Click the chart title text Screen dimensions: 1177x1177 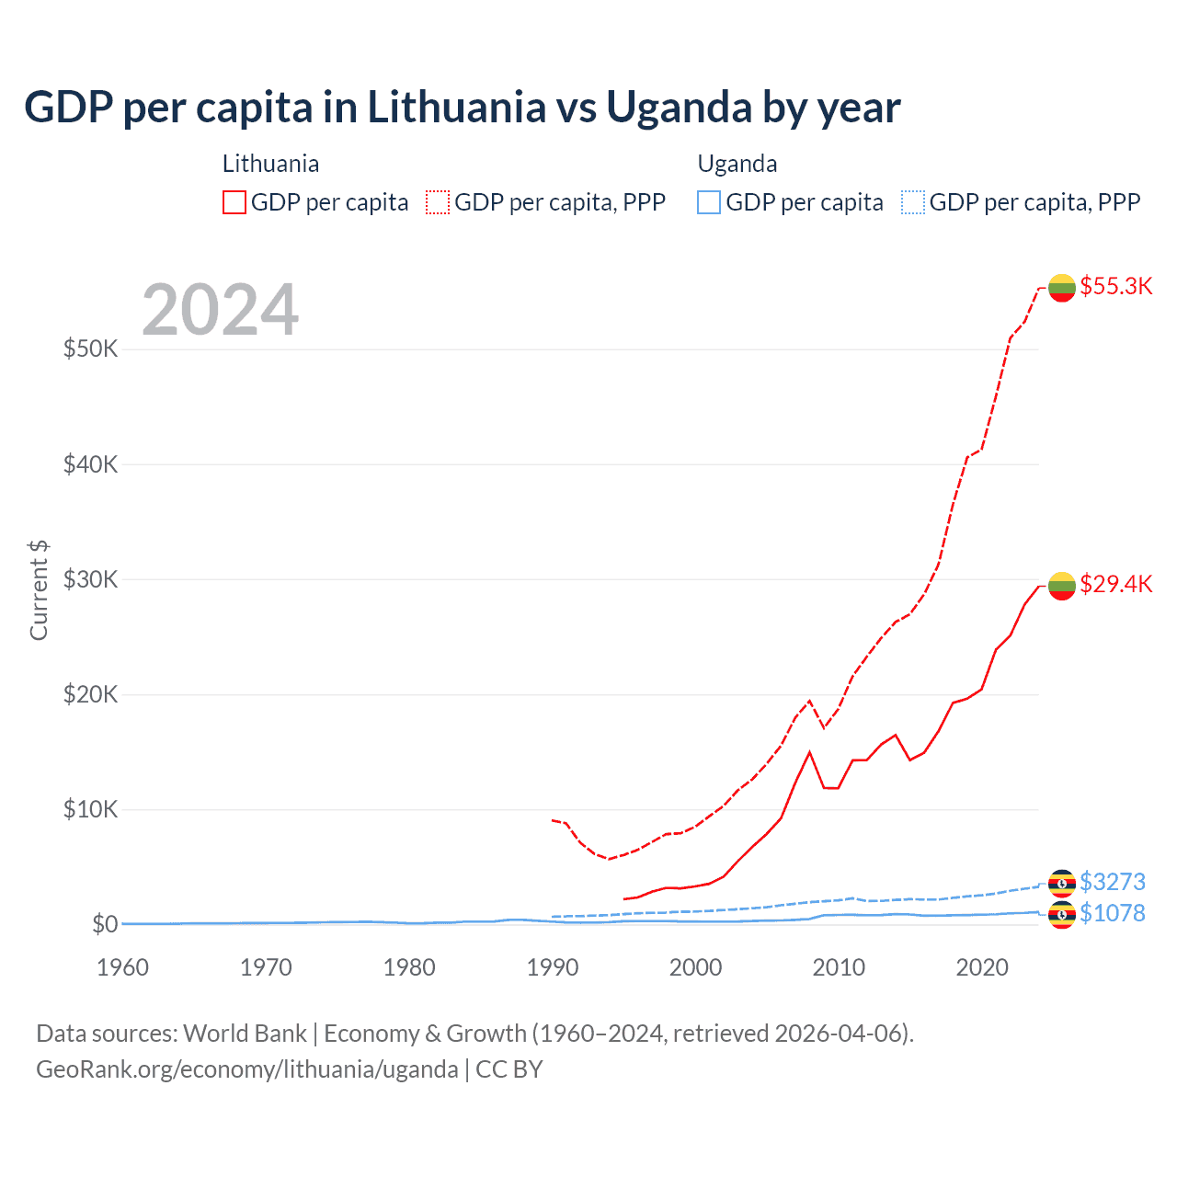[x=462, y=108]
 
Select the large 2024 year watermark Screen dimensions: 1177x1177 [x=220, y=310]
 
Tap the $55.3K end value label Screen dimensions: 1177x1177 [x=1115, y=286]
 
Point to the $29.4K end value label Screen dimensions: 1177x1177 [x=1115, y=584]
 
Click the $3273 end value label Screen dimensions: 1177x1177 [x=1112, y=882]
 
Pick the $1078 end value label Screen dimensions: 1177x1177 [x=1112, y=913]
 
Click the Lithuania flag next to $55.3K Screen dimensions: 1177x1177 [x=1062, y=288]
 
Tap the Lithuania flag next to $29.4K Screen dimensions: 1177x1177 [x=1062, y=586]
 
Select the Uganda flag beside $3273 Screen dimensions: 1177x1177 [x=1062, y=883]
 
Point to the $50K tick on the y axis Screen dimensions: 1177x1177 [x=90, y=349]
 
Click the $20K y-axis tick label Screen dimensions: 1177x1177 [x=90, y=694]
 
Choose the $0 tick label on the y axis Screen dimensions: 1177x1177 [x=105, y=924]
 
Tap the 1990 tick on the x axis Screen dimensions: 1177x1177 [x=553, y=967]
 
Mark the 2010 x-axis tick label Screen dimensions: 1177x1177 [x=839, y=967]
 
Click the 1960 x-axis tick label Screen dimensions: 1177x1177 [x=123, y=967]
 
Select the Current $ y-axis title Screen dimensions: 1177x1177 [x=39, y=590]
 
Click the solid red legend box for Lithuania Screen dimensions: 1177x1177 [x=234, y=202]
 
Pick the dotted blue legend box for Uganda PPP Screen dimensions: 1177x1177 [x=913, y=202]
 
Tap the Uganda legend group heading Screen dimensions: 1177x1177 [x=737, y=164]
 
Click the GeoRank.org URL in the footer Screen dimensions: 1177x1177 [x=246, y=1069]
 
